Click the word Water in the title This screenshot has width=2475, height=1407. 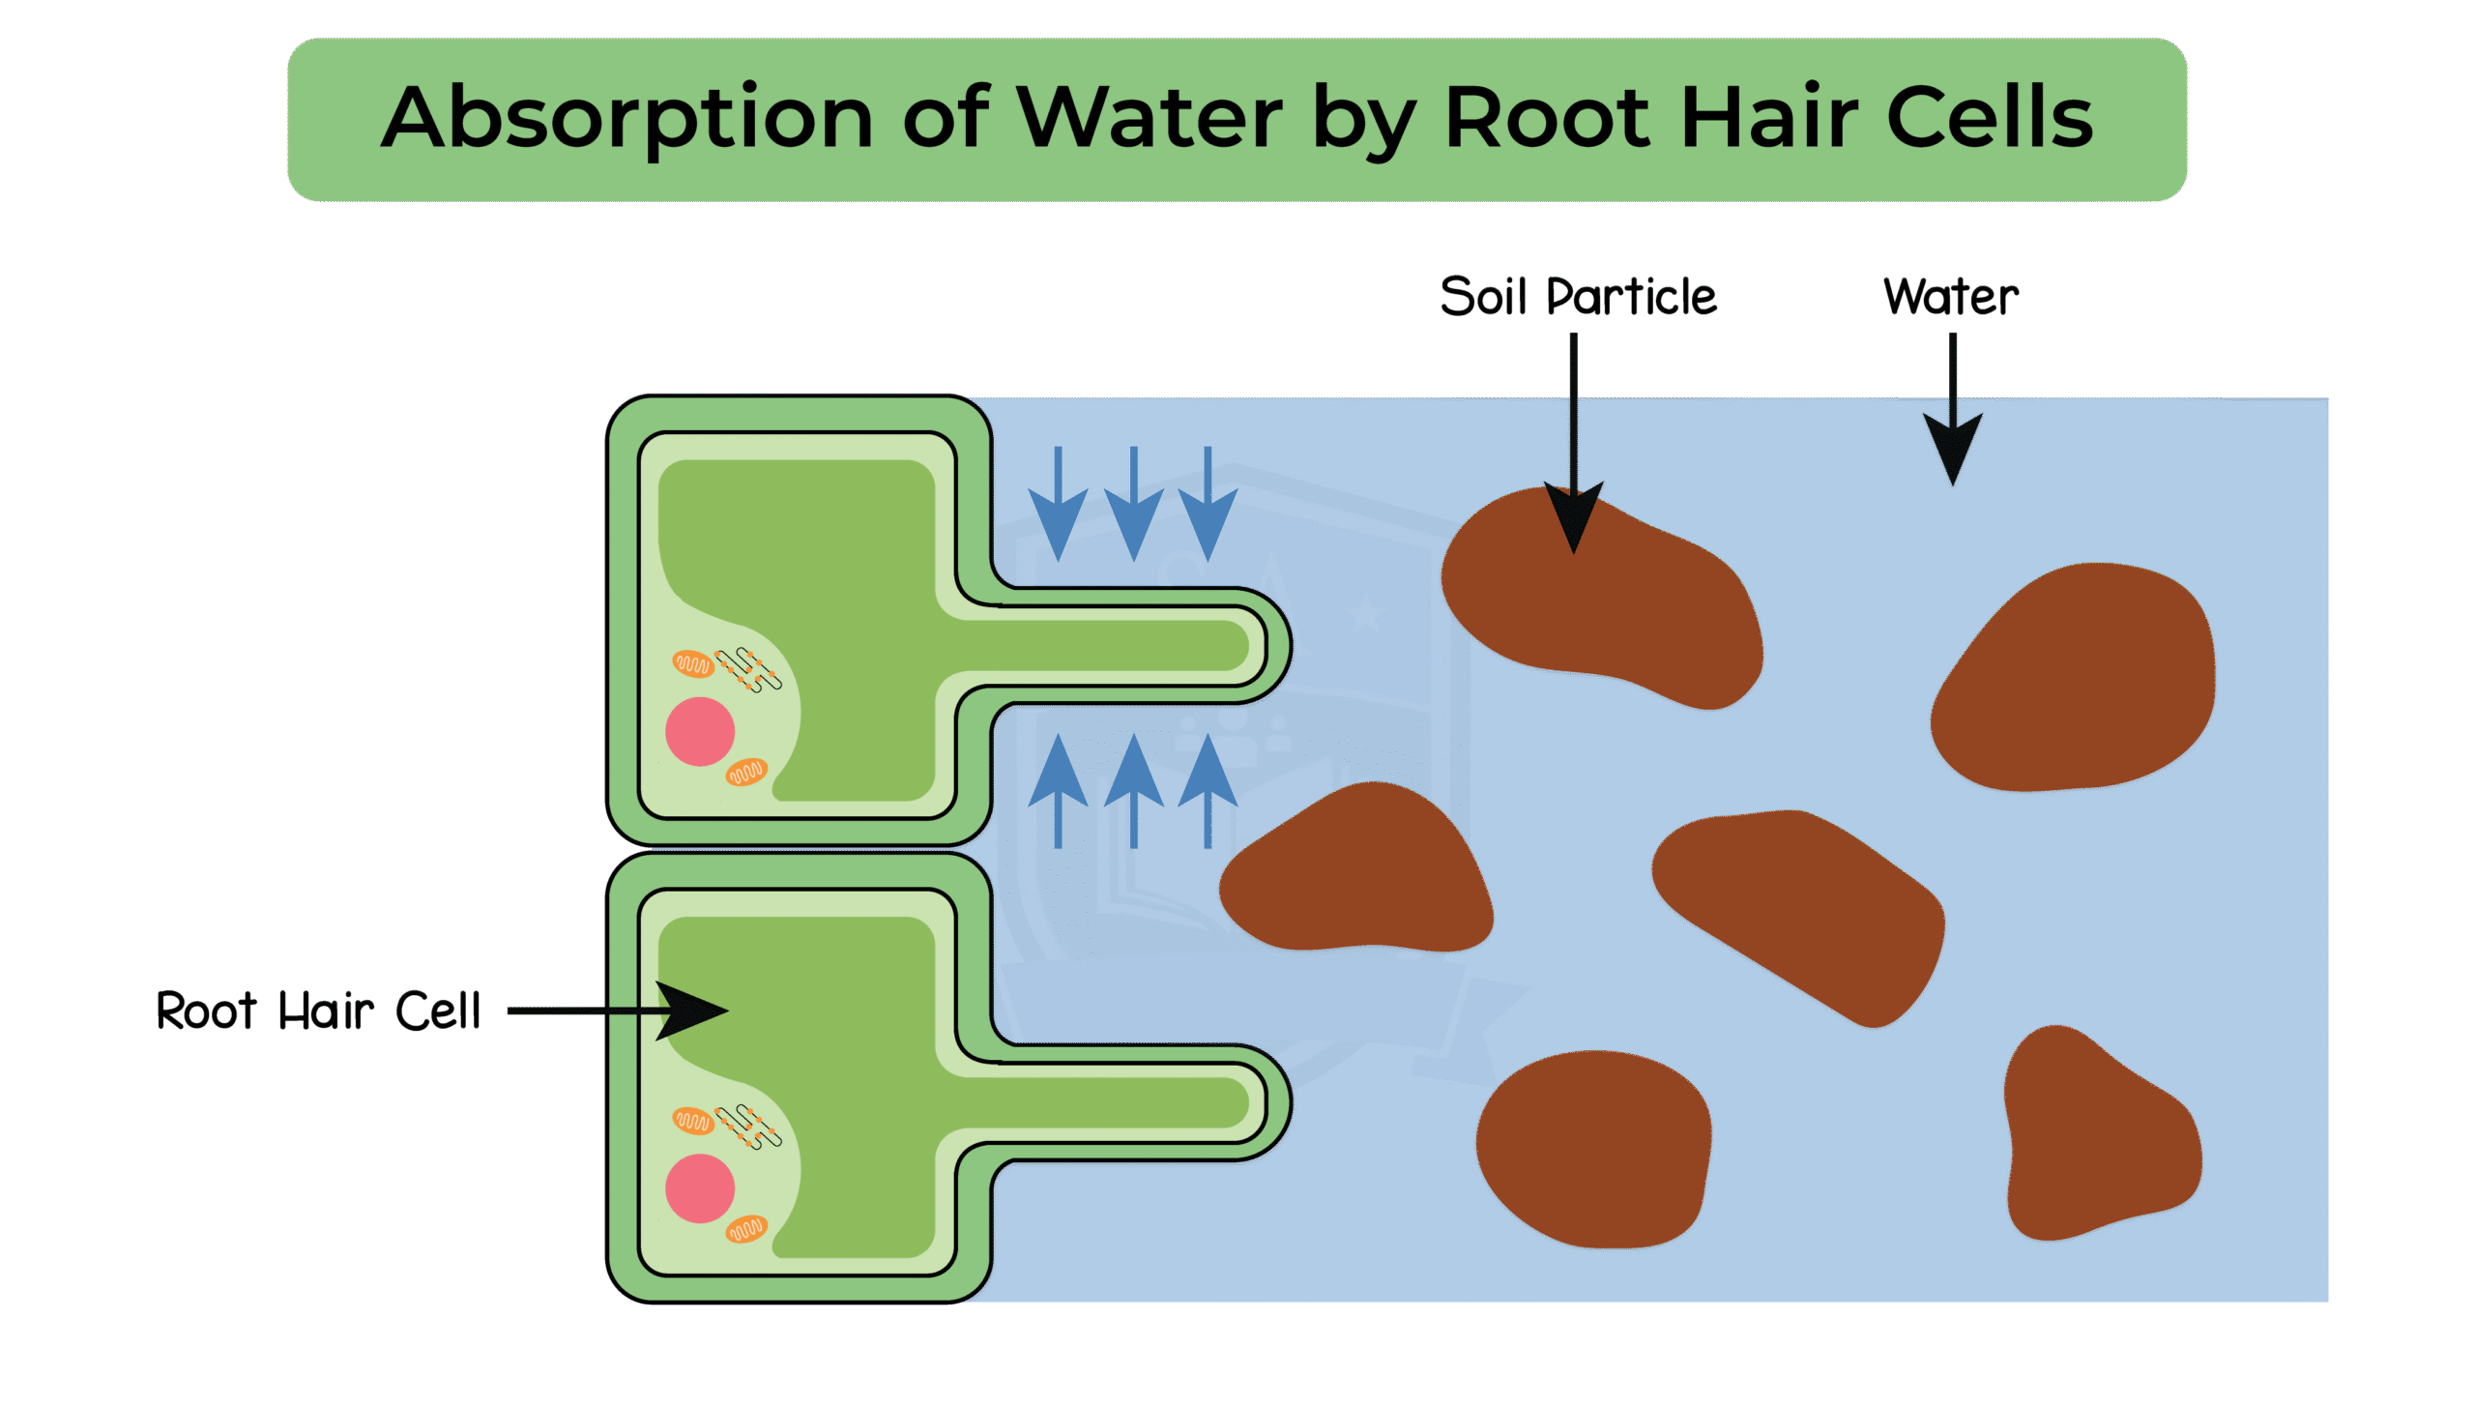coord(1150,118)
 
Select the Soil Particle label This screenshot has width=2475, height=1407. coord(1578,296)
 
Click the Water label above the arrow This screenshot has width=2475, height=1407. coord(1951,296)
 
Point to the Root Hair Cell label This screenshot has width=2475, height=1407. coord(318,1011)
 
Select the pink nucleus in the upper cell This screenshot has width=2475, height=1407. coord(700,731)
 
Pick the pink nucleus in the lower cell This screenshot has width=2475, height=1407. coord(700,1188)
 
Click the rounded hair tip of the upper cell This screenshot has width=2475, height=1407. coord(1267,645)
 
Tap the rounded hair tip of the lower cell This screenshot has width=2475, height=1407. coord(1267,1102)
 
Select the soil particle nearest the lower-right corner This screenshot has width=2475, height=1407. coord(2098,1141)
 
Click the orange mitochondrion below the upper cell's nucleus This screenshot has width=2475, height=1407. coord(746,772)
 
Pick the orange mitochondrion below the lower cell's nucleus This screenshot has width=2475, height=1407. coord(746,1229)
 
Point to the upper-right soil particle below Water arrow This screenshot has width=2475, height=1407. coord(2079,677)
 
